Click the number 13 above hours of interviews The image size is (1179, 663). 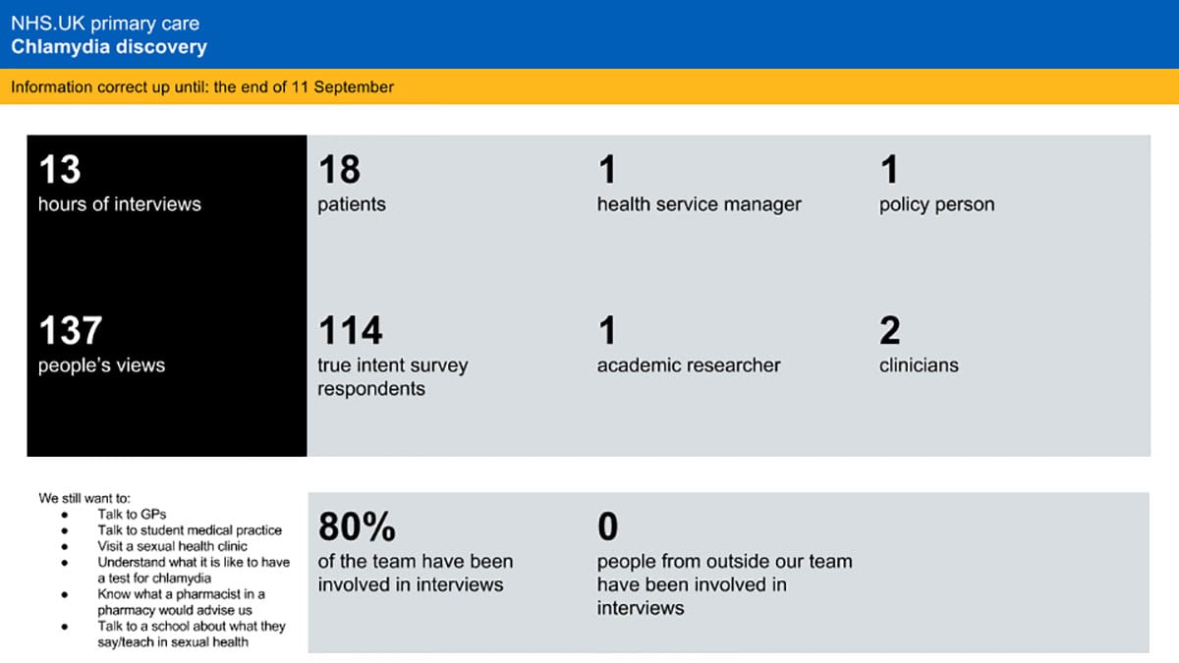coord(59,170)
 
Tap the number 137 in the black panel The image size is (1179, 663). coord(71,330)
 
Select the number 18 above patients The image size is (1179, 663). coord(339,170)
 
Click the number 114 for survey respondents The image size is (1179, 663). coord(351,330)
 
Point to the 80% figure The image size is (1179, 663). coord(357,527)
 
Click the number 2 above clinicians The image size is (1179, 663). coord(889,330)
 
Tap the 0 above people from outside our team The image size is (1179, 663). coord(607,527)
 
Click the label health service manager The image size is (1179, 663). coord(699,204)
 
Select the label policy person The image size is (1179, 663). coord(936,204)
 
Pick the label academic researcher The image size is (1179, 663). coord(689,364)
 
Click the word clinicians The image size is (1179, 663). coord(919,364)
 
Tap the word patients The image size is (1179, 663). coord(352,204)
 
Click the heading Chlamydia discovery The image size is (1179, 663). coord(109,46)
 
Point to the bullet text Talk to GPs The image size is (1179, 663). coord(132,514)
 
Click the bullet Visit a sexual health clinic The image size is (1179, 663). coord(172,545)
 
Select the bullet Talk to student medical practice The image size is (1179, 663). coord(189,529)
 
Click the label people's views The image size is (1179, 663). coord(101,364)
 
